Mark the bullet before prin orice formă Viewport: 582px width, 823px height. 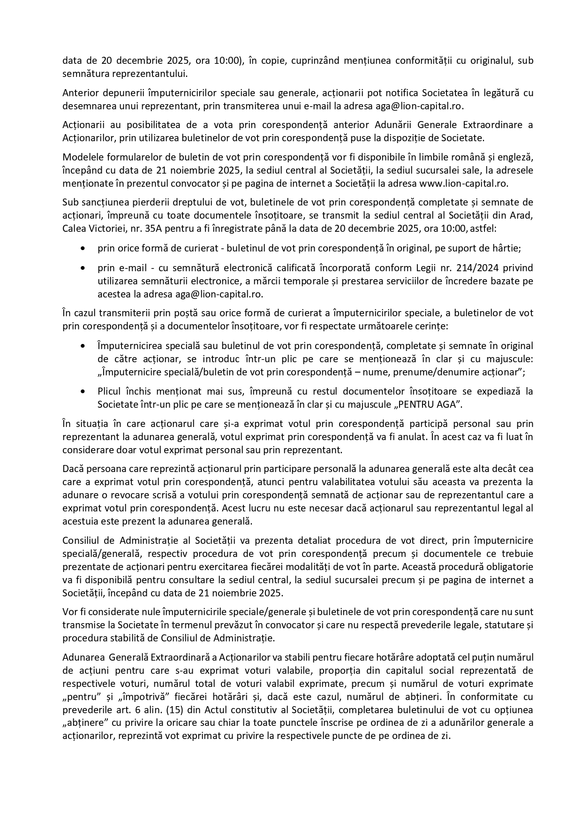coord(83,248)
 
